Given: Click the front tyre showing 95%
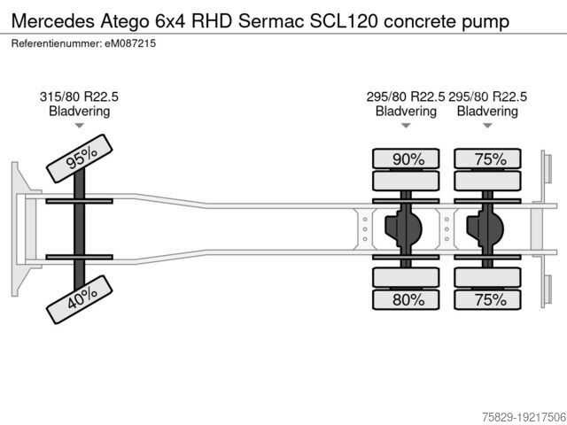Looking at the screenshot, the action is [x=80, y=158].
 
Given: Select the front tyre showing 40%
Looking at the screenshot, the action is [x=80, y=299].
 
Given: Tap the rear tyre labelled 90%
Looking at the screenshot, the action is [x=406, y=158].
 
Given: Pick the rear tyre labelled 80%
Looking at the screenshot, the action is [x=406, y=299].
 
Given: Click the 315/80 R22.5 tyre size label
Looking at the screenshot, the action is [x=79, y=97].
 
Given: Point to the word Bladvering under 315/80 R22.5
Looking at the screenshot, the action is [x=79, y=111].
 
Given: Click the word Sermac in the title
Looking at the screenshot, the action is [x=271, y=21].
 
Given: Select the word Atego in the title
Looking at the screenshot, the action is [x=125, y=21].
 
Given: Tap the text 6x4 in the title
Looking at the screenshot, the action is [x=170, y=21].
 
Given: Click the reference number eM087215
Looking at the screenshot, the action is [x=130, y=43].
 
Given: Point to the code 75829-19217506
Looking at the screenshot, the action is [x=524, y=417].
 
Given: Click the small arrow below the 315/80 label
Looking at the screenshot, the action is [x=79, y=126].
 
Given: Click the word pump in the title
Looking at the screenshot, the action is [x=485, y=22].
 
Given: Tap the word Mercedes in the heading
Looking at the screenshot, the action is [x=53, y=21].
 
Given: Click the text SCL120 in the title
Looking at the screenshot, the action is [x=344, y=21].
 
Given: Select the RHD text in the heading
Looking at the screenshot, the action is [x=212, y=21].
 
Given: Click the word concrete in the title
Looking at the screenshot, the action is [x=420, y=21].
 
